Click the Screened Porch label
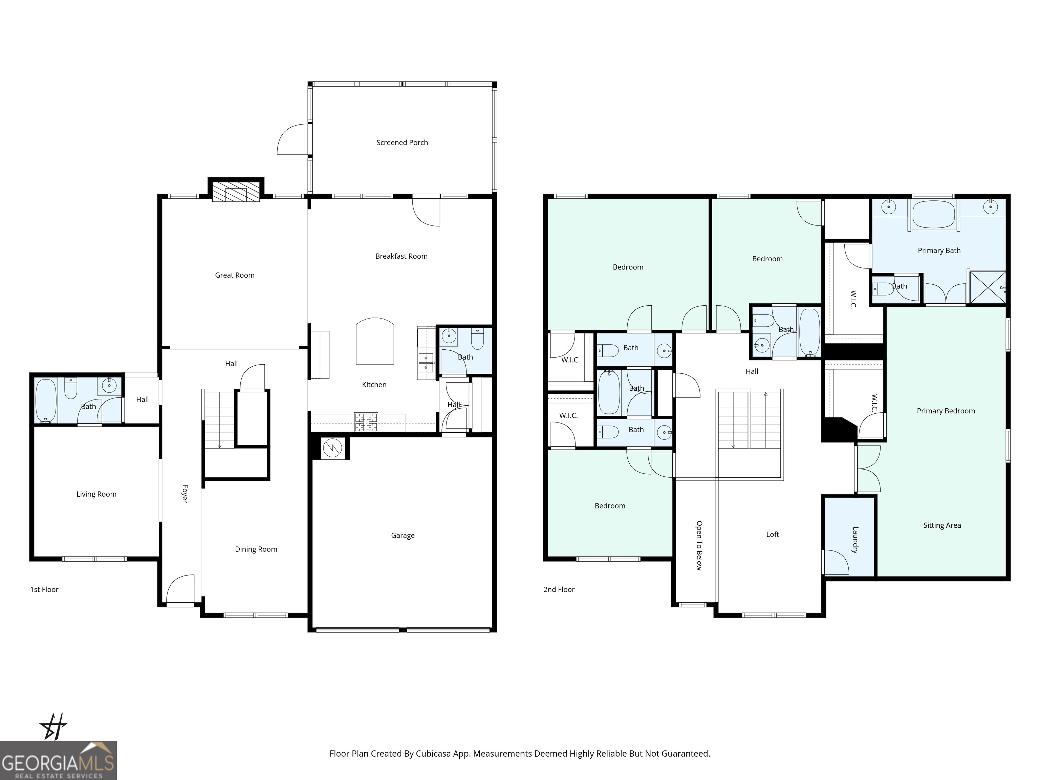pyautogui.click(x=402, y=143)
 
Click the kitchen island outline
pyautogui.click(x=375, y=341)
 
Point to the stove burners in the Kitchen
pyautogui.click(x=366, y=422)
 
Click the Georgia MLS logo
pyautogui.click(x=58, y=760)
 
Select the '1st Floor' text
pyautogui.click(x=44, y=590)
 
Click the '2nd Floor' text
pyautogui.click(x=559, y=590)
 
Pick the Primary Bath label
pyautogui.click(x=939, y=251)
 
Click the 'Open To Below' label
pyautogui.click(x=699, y=545)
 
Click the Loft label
pyautogui.click(x=773, y=534)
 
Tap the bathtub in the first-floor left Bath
pyautogui.click(x=46, y=400)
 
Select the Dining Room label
pyautogui.click(x=256, y=549)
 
